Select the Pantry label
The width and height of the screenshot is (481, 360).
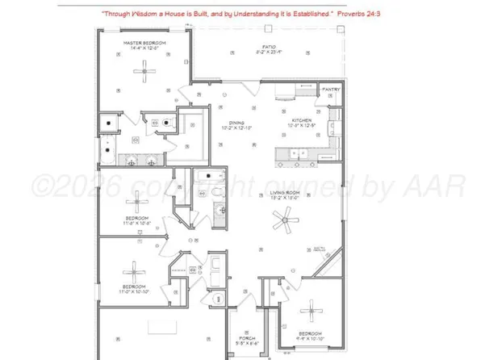(330, 90)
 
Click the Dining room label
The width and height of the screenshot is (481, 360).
(236, 123)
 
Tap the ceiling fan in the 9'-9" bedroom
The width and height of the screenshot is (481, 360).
(312, 311)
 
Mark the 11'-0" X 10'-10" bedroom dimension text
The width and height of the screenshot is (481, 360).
(134, 291)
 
